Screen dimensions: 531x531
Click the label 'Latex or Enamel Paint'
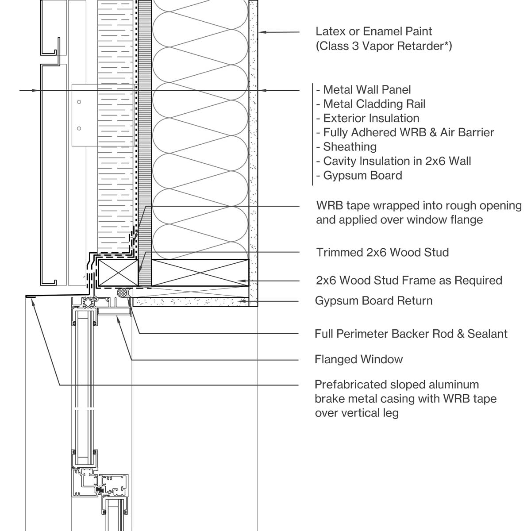373,31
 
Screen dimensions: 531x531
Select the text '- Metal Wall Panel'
363,90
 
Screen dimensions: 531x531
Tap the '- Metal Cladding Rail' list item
371,104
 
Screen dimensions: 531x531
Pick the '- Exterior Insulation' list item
368,118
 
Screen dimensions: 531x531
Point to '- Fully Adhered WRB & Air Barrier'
405,133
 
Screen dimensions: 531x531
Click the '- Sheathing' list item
346,147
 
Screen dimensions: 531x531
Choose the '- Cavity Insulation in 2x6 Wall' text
393,161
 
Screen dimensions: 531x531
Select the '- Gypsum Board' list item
359,176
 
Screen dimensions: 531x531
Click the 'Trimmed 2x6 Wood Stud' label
382,252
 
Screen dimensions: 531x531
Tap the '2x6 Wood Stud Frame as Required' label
409,281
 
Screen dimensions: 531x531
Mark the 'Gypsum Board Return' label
373,300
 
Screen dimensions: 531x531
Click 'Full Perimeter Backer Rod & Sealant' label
411,334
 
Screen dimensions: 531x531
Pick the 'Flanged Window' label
358,359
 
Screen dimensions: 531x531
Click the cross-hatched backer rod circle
122,292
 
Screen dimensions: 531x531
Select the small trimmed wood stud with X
118,273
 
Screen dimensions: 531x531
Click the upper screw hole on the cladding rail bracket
79,102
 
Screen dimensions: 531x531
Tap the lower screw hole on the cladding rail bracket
79,128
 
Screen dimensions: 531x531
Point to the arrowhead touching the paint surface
262,32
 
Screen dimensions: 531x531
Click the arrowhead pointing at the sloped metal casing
33,300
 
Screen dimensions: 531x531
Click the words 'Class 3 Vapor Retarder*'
384,46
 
